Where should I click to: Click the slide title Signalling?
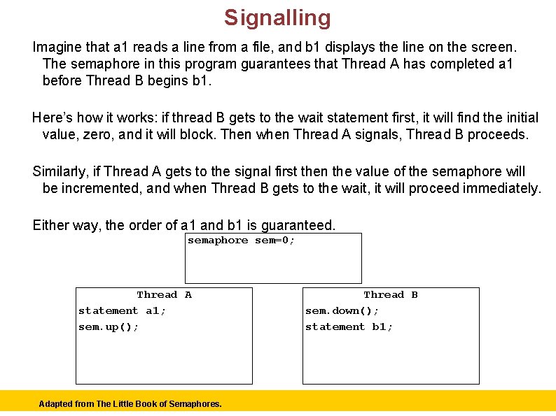pyautogui.click(x=277, y=17)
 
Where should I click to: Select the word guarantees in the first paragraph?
pyautogui.click(x=256, y=64)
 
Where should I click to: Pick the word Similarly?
pyautogui.click(x=61, y=171)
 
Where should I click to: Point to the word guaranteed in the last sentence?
pyautogui.click(x=298, y=225)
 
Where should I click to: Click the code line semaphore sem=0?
pyautogui.click(x=241, y=241)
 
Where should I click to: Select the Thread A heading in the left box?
pyautogui.click(x=164, y=295)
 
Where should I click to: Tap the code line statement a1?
pyautogui.click(x=122, y=311)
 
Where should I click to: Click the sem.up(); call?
pyautogui.click(x=109, y=327)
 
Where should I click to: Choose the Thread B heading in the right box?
pyautogui.click(x=391, y=295)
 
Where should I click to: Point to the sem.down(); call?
pyautogui.click(x=342, y=311)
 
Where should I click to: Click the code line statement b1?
pyautogui.click(x=349, y=327)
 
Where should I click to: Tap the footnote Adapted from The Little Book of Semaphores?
pyautogui.click(x=130, y=403)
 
